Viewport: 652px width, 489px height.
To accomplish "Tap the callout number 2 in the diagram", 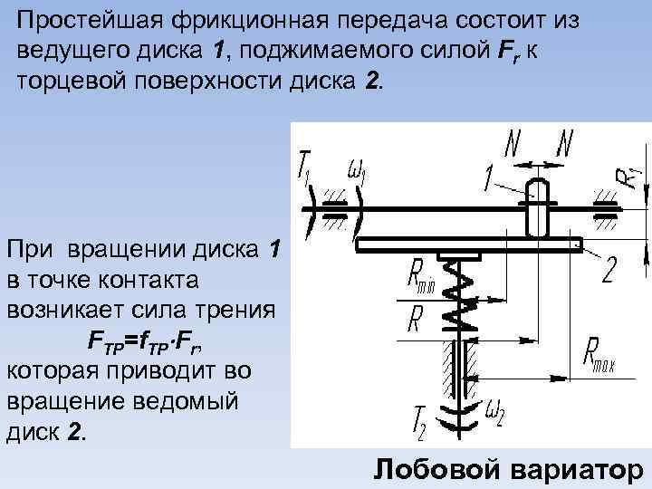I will [610, 270].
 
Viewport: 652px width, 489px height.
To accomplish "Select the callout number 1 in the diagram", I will [491, 180].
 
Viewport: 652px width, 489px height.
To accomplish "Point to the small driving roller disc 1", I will [536, 210].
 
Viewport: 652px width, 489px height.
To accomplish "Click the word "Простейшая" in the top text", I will [81, 20].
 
